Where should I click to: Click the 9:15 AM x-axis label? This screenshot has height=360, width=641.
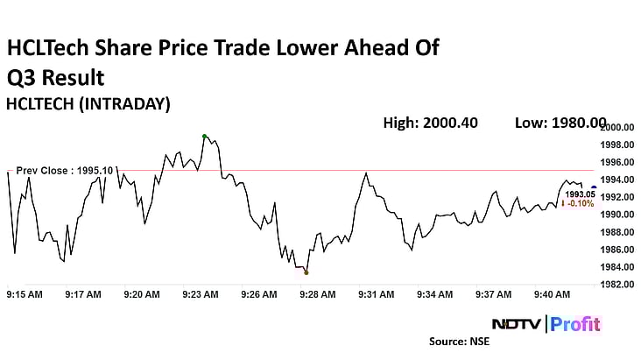coord(25,294)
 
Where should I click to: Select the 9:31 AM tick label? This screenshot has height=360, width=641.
coord(375,294)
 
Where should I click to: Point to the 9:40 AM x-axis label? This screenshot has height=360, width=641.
coord(553,294)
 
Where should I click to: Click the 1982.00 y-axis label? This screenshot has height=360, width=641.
coord(617,285)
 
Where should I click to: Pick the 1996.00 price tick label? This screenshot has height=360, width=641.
coord(617,162)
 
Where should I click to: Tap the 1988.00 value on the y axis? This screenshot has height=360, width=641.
coord(617,232)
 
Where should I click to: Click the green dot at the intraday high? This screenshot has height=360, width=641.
coord(204,136)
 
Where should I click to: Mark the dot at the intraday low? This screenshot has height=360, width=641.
coord(306,272)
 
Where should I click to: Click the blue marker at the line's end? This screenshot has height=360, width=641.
coord(595,187)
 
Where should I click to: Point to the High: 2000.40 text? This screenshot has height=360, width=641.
coord(430,123)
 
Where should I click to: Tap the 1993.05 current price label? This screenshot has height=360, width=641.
coord(579,194)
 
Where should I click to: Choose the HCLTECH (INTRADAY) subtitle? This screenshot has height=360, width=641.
coord(88,103)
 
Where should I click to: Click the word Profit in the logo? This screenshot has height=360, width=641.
coord(576,323)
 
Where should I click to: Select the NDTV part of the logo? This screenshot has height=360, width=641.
coord(516,323)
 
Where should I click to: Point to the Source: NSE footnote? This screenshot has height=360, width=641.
coord(459,342)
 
